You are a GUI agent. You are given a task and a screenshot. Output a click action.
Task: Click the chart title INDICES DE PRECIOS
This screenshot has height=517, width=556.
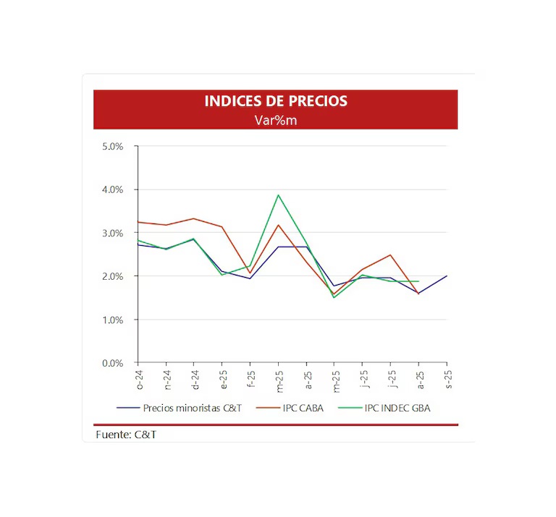(x=275, y=101)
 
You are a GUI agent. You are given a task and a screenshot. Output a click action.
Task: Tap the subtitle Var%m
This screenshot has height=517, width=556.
(x=275, y=120)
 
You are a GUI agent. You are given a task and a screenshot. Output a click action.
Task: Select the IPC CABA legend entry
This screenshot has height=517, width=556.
(x=299, y=408)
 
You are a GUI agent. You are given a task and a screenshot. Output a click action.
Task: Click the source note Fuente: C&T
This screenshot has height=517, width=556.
(x=125, y=434)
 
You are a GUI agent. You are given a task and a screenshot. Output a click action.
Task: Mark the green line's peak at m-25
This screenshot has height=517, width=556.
(x=278, y=195)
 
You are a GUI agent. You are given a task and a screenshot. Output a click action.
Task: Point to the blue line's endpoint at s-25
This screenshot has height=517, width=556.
(x=447, y=275)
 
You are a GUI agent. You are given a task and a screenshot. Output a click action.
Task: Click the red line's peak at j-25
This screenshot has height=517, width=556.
(x=391, y=255)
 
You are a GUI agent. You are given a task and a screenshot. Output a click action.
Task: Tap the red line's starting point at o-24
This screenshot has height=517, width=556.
(x=138, y=222)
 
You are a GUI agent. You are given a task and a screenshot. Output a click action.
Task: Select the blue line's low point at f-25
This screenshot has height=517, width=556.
(x=250, y=278)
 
